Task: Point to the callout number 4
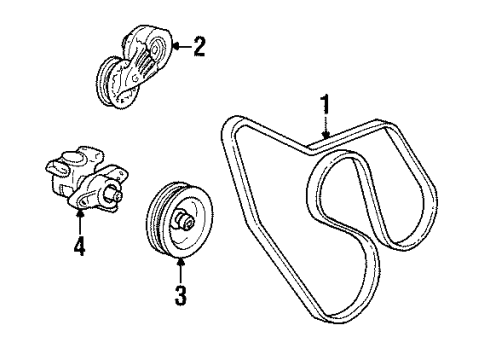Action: (78, 244)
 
